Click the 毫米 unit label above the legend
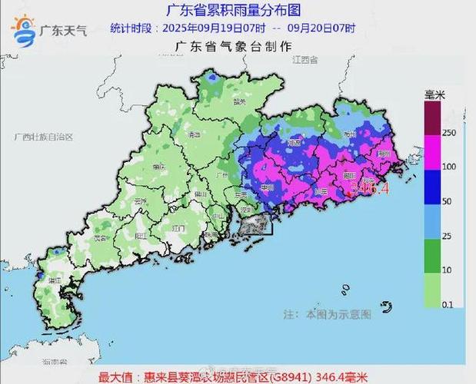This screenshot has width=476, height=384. (436, 94)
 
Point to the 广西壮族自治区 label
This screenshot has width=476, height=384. (43, 137)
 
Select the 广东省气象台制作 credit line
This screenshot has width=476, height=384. (234, 47)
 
